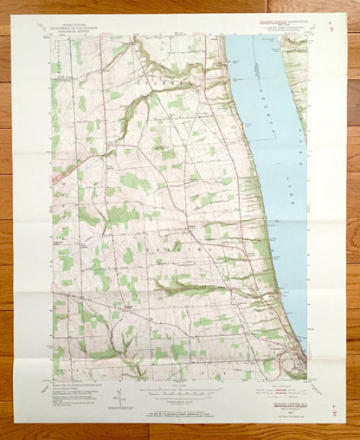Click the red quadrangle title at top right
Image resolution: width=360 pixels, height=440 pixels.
click(282, 17)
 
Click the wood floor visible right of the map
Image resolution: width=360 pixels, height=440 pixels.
click(353, 217)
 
